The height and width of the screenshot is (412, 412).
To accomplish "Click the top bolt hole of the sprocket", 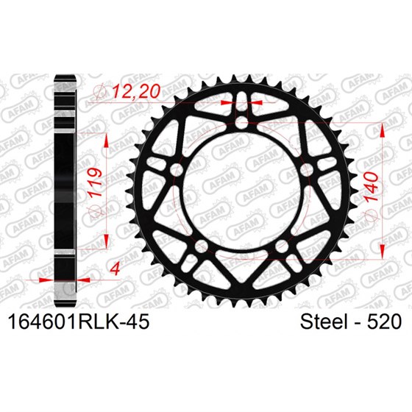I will click(243, 122).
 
